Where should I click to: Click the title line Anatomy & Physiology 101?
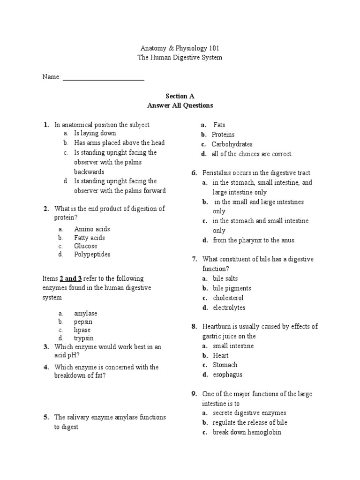(180, 48)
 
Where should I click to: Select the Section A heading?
(180, 96)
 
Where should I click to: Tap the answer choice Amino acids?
(92, 229)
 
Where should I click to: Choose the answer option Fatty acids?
(89, 238)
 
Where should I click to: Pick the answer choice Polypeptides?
(92, 255)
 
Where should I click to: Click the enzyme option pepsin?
(83, 322)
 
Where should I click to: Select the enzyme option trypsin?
(84, 338)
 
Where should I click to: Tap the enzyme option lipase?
(82, 330)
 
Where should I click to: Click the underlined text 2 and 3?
(71, 278)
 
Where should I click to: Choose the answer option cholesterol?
(228, 298)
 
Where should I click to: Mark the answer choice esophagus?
(228, 375)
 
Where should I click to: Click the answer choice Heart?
(221, 355)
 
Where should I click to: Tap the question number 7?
(194, 259)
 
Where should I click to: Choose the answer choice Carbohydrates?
(232, 144)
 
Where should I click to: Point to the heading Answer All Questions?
(180, 105)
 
